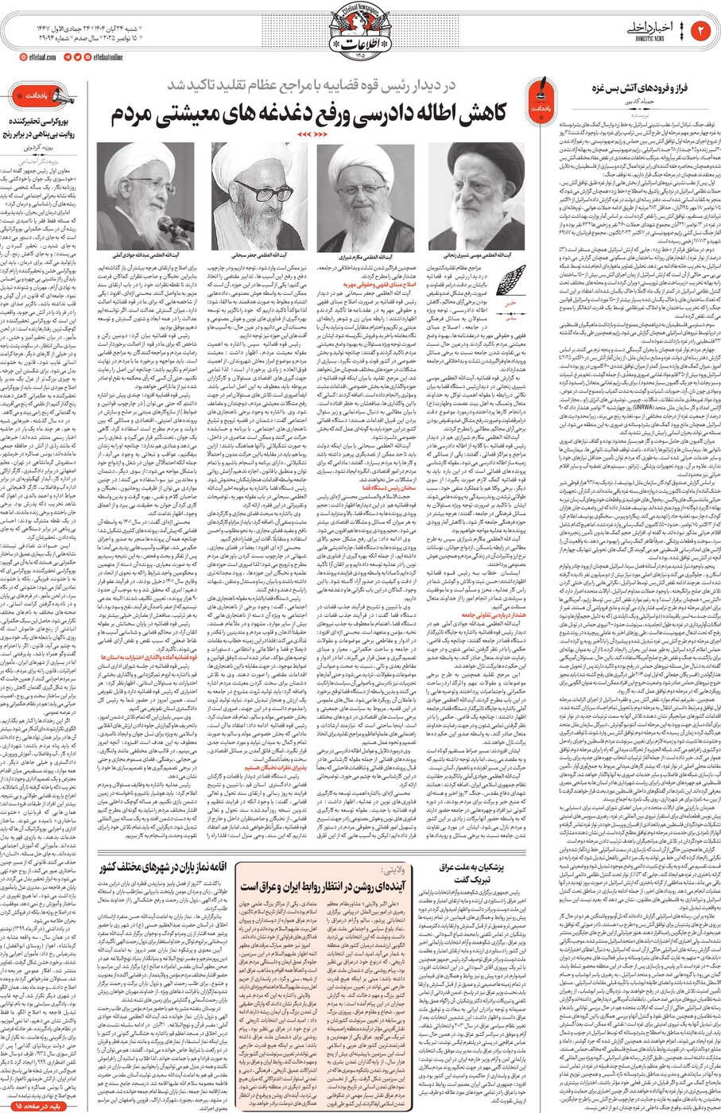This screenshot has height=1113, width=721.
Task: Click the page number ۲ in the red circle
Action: (702, 30)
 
